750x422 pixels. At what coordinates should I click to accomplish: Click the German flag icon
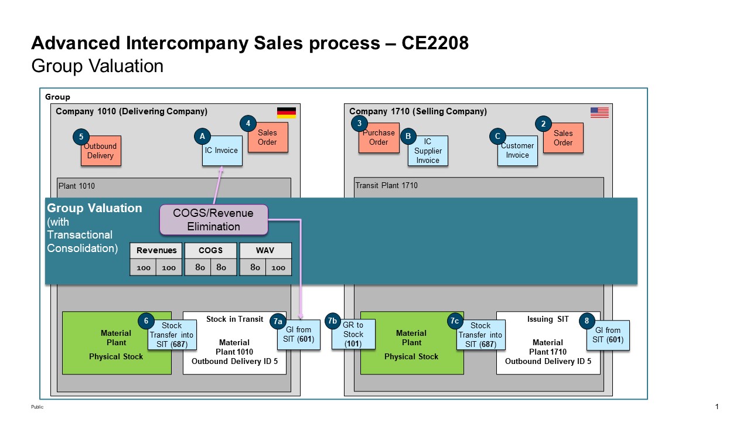287,113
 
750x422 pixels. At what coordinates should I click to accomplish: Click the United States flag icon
599,113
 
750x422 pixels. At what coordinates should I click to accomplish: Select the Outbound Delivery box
101,151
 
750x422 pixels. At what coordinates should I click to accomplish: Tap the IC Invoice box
222,151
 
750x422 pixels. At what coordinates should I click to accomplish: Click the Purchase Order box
379,138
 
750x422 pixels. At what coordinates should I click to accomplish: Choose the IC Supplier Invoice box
428,151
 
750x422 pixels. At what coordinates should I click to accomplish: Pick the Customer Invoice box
517,151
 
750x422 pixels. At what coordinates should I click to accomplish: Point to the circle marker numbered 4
248,124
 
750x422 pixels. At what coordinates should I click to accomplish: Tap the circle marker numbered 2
543,124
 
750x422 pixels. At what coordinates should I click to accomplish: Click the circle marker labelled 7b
332,321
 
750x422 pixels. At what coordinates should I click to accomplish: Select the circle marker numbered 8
587,321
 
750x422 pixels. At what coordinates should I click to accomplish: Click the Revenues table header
156,250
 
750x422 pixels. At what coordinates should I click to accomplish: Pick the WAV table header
265,250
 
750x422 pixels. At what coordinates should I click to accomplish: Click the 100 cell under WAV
278,268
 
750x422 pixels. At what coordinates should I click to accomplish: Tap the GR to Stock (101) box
353,335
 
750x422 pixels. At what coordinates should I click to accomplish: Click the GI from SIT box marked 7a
299,335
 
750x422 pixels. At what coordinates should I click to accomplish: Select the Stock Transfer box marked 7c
480,335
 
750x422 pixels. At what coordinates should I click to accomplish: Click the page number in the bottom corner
717,407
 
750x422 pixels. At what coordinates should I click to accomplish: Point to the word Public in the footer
37,407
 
